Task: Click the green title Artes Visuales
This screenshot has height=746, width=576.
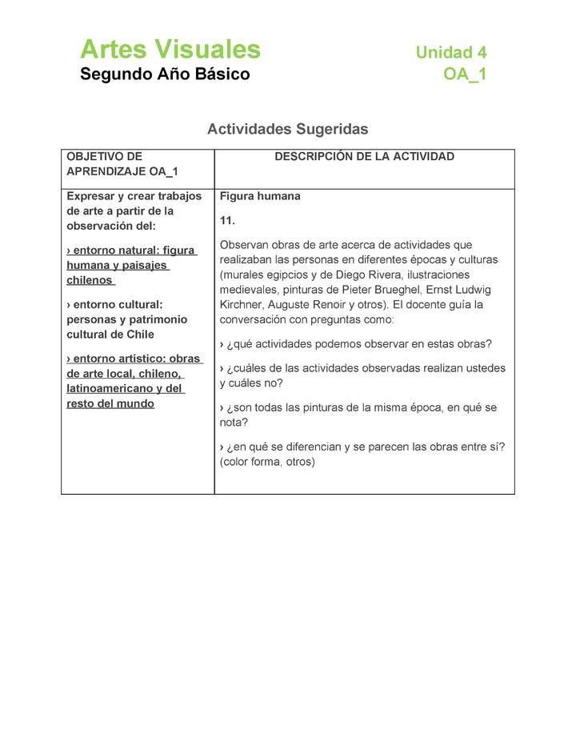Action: click(170, 50)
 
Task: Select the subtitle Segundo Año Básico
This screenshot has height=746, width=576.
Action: click(165, 74)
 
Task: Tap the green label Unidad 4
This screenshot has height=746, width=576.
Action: click(450, 53)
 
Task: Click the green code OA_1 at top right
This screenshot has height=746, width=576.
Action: click(465, 74)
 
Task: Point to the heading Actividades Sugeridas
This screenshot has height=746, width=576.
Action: click(287, 129)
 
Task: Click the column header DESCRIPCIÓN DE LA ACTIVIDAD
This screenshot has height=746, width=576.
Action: click(364, 157)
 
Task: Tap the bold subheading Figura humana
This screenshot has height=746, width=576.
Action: click(260, 196)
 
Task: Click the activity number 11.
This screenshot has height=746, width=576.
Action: click(227, 220)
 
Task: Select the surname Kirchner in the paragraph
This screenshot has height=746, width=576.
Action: click(242, 305)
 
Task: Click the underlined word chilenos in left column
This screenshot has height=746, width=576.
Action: click(90, 280)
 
